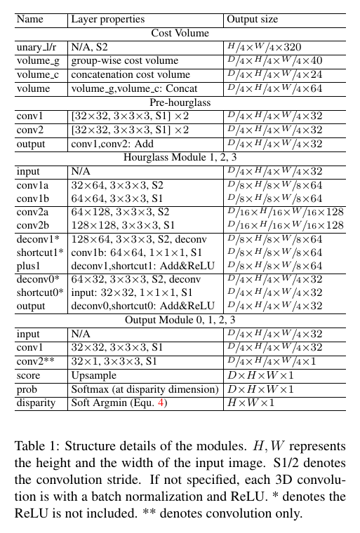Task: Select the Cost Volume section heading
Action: pyautogui.click(x=180, y=33)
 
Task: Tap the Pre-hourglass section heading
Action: pyautogui.click(x=180, y=102)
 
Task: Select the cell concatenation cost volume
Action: pyautogui.click(x=129, y=75)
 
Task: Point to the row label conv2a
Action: pyautogui.click(x=33, y=211)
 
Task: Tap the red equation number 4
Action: pyautogui.click(x=162, y=403)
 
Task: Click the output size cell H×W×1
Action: pyautogui.click(x=250, y=403)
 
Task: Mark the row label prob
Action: pyautogui.click(x=28, y=389)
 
